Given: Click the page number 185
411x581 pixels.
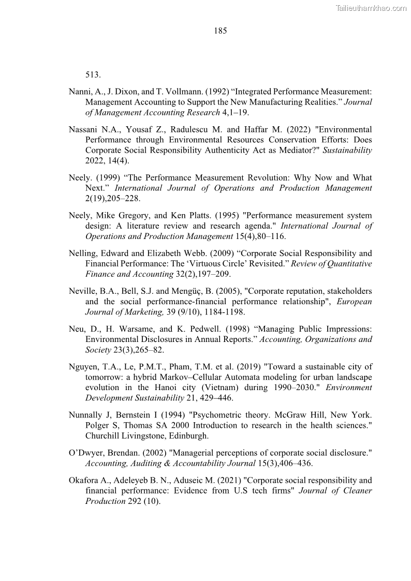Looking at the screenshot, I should click(220, 31).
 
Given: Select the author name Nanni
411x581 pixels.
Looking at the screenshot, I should click(80, 92).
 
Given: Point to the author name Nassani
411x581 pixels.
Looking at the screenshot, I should click(83, 129).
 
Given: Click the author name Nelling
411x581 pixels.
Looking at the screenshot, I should click(83, 253).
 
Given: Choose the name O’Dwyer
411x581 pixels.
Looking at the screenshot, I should click(86, 453).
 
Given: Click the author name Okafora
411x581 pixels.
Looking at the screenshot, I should click(84, 480).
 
